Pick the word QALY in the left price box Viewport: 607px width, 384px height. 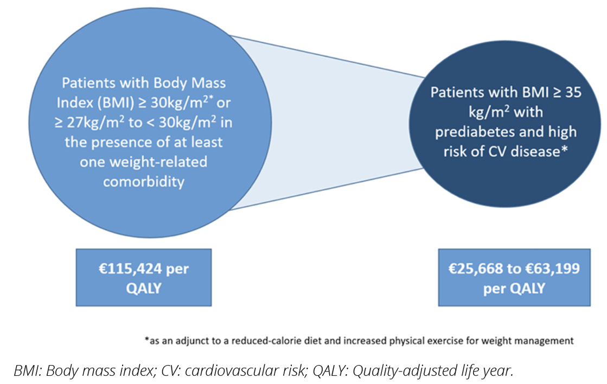coord(144,287)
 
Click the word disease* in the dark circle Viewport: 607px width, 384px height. coord(539,152)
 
